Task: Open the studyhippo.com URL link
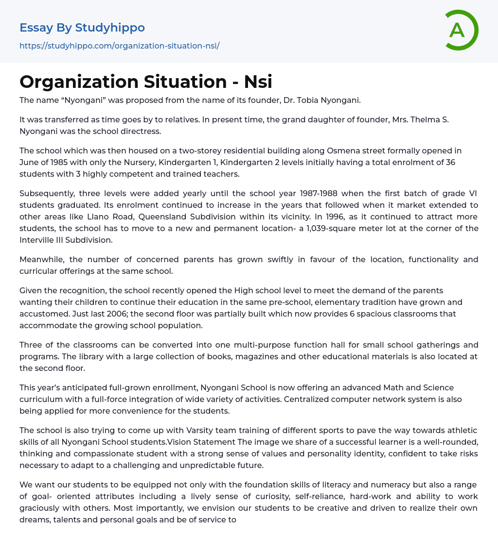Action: coord(119,46)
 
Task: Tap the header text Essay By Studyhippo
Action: coord(82,28)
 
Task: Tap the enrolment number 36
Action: coord(450,162)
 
